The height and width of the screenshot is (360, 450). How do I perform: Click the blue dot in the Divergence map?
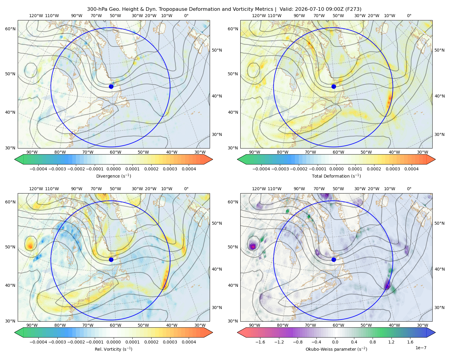(x=111, y=87)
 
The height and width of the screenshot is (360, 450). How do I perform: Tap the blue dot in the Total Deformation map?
(x=334, y=87)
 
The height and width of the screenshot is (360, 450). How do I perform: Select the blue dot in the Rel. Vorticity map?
(x=111, y=259)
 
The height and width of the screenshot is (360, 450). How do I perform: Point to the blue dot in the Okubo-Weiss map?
(x=334, y=259)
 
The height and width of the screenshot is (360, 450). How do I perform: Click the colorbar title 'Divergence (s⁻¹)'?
(x=113, y=176)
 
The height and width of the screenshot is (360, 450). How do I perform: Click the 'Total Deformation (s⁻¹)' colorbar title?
(x=336, y=176)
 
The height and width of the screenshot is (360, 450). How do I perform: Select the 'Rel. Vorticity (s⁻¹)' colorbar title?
(x=113, y=349)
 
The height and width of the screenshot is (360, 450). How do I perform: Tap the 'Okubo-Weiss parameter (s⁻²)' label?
(x=336, y=349)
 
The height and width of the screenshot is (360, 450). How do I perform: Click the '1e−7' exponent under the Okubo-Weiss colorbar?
(x=421, y=348)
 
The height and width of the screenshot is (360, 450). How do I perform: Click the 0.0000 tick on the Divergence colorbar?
(x=113, y=169)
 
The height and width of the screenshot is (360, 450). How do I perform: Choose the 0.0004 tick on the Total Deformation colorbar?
(x=411, y=169)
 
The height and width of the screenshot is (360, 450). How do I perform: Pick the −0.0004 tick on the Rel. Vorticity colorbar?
(x=38, y=342)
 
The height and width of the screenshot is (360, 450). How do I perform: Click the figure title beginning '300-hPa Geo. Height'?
(x=224, y=9)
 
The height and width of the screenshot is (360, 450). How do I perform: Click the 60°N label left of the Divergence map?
(x=10, y=29)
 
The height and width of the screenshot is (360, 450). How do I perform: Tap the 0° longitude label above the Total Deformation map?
(x=409, y=16)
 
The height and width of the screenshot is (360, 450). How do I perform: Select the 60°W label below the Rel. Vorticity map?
(x=115, y=325)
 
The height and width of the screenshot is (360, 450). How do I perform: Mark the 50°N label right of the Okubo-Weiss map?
(x=439, y=223)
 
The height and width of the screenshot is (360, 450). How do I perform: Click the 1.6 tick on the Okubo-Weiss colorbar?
(x=410, y=342)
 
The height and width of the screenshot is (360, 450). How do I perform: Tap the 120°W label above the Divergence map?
(x=36, y=16)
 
